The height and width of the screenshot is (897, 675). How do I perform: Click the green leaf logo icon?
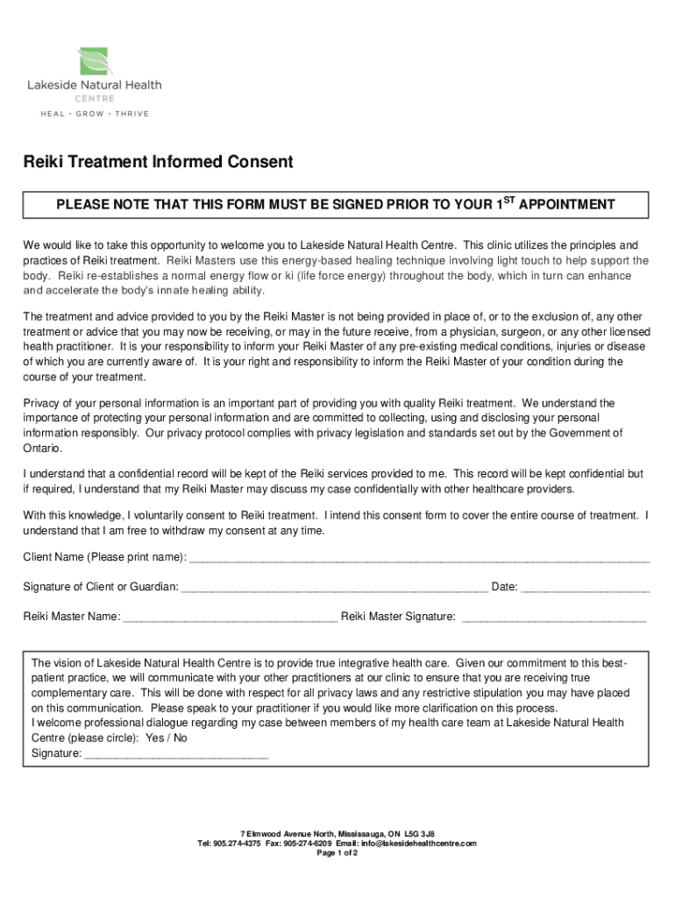pyautogui.click(x=92, y=60)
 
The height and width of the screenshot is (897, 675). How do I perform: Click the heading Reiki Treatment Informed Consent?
pyautogui.click(x=158, y=162)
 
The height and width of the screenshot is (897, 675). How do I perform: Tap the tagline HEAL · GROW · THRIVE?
pyautogui.click(x=92, y=114)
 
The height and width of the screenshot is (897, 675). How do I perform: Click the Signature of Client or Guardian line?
pyautogui.click(x=334, y=588)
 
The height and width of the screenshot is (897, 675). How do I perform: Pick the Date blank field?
pyautogui.click(x=585, y=588)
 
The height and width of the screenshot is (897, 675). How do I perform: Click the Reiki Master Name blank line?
pyautogui.click(x=231, y=618)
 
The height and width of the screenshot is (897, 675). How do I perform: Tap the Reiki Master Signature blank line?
pyautogui.click(x=553, y=618)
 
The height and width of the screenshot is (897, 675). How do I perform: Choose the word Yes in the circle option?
pyautogui.click(x=154, y=738)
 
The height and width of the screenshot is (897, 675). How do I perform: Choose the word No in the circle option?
pyautogui.click(x=180, y=738)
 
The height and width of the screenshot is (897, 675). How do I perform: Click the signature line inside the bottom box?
pyautogui.click(x=175, y=753)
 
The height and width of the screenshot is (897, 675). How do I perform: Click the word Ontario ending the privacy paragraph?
pyautogui.click(x=42, y=448)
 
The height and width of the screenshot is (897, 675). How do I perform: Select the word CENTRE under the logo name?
pyautogui.click(x=93, y=98)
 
